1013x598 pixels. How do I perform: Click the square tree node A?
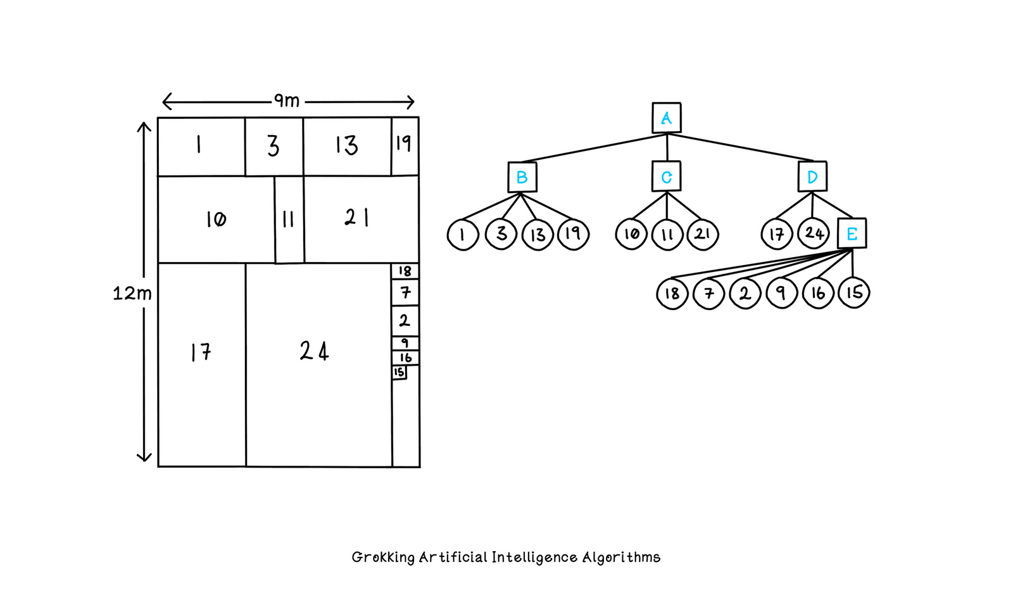pos(666,118)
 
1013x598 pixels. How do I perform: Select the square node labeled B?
pos(522,177)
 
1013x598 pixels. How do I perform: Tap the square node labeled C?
pos(666,177)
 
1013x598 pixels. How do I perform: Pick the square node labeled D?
pos(812,177)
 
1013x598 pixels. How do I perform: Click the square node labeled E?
pos(852,234)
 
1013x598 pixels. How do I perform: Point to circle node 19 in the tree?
pos(573,234)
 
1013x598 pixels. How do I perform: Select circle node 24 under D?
pos(814,234)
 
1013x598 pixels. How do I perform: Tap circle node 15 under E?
pos(853,292)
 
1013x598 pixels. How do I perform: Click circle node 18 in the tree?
pos(672,294)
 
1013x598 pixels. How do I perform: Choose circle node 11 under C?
pos(667,235)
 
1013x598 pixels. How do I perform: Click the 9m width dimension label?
pos(286,101)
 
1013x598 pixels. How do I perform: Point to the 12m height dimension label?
pos(132,294)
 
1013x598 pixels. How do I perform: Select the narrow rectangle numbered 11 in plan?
pos(289,220)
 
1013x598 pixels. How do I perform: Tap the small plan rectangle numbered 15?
pos(399,372)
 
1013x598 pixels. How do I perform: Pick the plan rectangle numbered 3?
pos(274,146)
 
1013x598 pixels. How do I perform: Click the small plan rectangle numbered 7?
pos(405,292)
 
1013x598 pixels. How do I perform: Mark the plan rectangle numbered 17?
pos(201,364)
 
